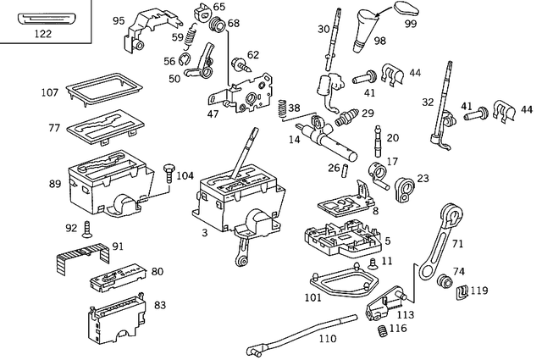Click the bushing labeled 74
click(x=441, y=281)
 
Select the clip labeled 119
click(x=462, y=291)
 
